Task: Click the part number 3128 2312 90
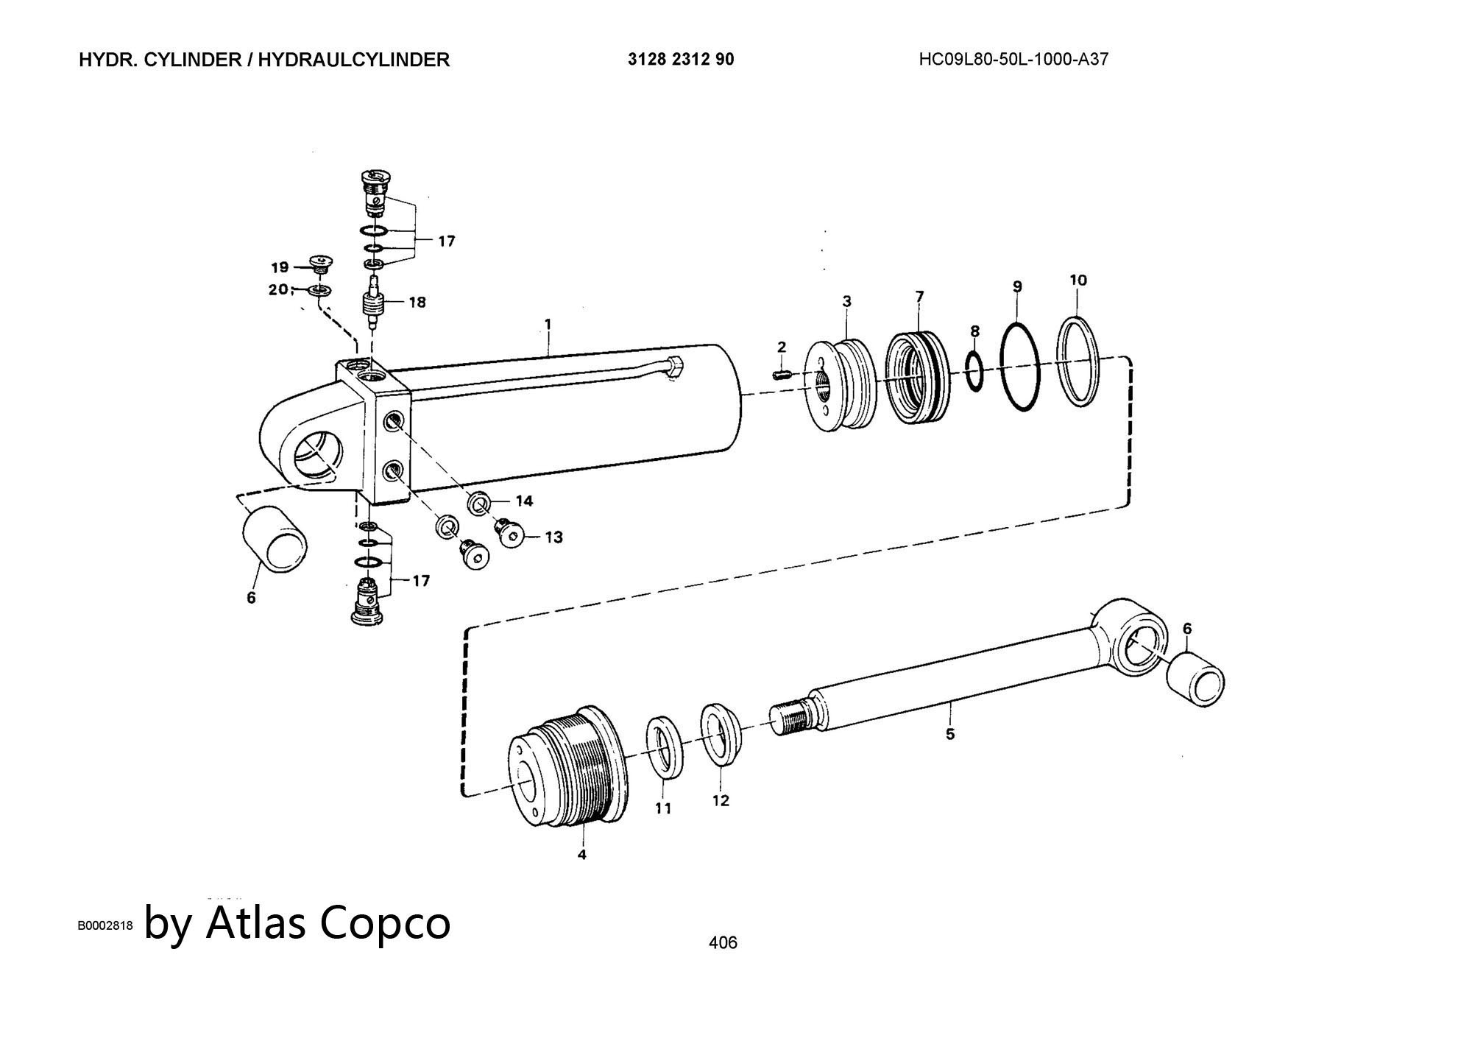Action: (681, 60)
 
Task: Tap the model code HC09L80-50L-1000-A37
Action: (1013, 60)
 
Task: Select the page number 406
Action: (722, 942)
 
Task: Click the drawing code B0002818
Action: (105, 925)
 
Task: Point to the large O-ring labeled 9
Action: (1021, 366)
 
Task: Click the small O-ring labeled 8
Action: (974, 371)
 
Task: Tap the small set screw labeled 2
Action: (782, 375)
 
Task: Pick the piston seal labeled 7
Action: (917, 378)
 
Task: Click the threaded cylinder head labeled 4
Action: (568, 766)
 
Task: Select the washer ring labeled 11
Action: (665, 747)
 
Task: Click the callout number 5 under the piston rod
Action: (950, 734)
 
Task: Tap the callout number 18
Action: (417, 302)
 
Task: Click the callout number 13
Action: (553, 537)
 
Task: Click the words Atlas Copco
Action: (328, 922)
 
